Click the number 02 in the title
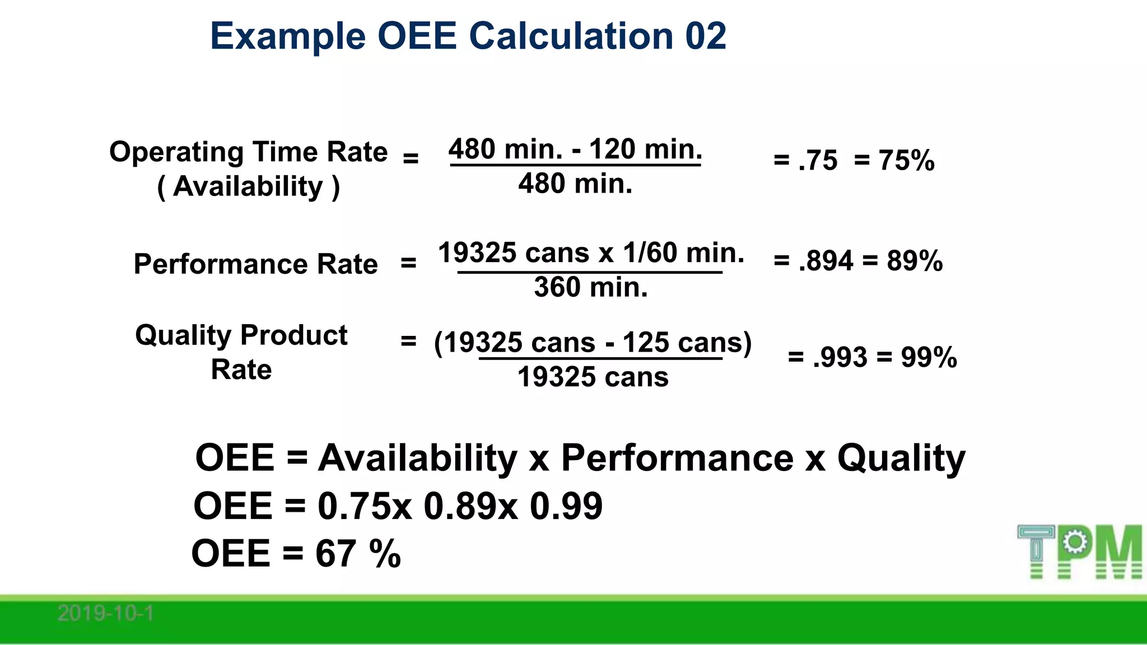pos(706,36)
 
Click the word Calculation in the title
pos(570,36)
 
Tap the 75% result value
pos(906,161)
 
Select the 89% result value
pos(915,261)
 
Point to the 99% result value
pos(929,357)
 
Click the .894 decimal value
pos(826,261)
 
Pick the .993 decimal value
pos(840,357)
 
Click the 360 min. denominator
pos(590,287)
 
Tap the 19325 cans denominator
pos(593,377)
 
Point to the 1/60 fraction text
pos(650,253)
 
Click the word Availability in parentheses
pos(248,186)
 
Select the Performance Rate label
pos(255,264)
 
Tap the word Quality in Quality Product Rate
pos(183,336)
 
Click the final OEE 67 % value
pos(357,554)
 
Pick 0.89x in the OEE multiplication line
pos(470,506)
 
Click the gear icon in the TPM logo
pos(1074,542)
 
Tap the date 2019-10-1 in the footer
pos(105,614)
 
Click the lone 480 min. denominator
pos(575,184)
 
